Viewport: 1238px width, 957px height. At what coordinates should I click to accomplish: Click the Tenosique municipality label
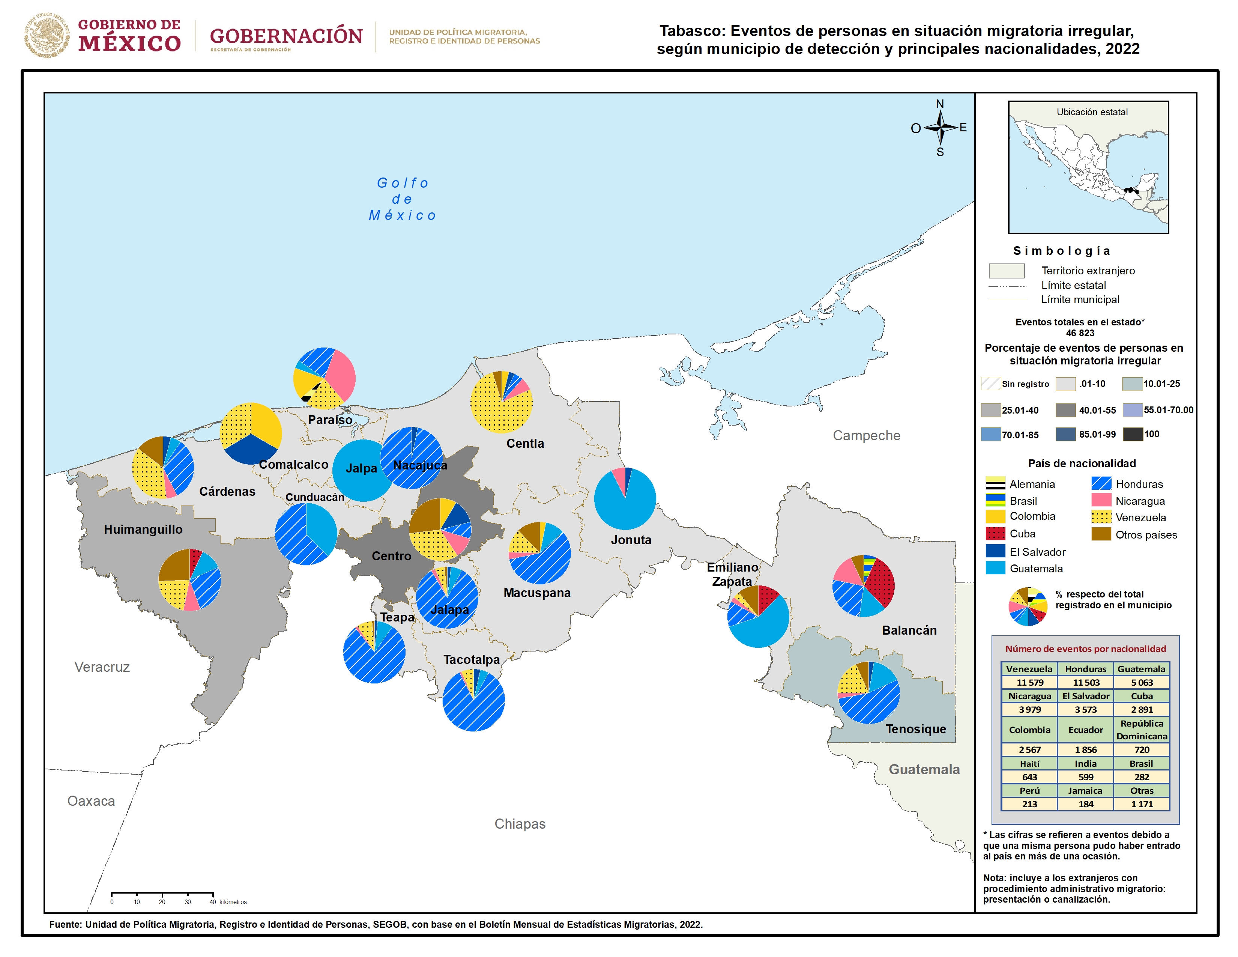tap(915, 729)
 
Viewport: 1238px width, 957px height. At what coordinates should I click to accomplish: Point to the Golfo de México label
tap(403, 199)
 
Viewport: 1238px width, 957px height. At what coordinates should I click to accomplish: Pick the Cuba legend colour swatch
tap(995, 534)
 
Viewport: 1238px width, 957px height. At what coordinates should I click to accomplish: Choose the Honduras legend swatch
tap(1101, 484)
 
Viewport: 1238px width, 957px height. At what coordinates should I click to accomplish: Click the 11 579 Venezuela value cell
tap(1029, 683)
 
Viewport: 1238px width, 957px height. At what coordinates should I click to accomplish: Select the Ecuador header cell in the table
tap(1086, 730)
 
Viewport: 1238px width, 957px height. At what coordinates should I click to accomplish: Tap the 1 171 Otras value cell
tap(1142, 804)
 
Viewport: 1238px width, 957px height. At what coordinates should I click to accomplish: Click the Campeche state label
tap(866, 435)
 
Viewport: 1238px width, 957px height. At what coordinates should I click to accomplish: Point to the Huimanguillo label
tap(143, 530)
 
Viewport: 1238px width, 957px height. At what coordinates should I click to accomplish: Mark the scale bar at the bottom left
tap(162, 894)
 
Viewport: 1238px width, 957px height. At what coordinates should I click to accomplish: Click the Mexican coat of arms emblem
tap(47, 35)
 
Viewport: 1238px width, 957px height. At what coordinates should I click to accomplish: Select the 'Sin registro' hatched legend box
tap(991, 384)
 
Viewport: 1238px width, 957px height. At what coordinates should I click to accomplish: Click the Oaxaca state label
tap(91, 801)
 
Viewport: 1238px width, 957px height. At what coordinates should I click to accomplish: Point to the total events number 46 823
tap(1080, 333)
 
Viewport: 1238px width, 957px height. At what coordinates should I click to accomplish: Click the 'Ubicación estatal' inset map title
tap(1092, 112)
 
